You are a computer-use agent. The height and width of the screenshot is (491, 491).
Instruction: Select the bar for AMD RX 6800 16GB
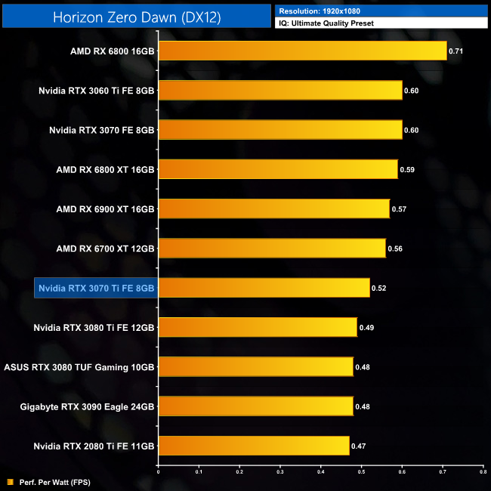302,51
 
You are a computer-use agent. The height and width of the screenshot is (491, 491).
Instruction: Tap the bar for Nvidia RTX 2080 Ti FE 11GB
254,445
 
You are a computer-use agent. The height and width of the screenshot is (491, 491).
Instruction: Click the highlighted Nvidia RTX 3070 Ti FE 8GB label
97,288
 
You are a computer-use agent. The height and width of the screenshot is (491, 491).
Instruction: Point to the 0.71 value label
456,51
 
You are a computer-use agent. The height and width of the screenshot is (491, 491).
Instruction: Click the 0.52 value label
379,288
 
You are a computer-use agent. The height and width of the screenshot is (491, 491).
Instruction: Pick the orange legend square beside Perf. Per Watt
10,481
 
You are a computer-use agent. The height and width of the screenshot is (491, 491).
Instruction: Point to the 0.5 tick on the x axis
361,471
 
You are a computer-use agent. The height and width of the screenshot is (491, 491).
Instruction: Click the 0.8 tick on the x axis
483,471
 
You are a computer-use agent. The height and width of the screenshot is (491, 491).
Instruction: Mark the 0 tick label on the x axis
159,471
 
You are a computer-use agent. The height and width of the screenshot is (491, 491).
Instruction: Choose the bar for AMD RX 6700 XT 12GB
272,248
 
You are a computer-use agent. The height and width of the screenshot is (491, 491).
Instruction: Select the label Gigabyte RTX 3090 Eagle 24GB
88,406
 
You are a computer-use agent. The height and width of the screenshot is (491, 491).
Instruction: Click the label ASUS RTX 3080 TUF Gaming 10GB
79,366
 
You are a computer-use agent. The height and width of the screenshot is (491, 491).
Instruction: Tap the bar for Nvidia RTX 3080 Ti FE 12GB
258,327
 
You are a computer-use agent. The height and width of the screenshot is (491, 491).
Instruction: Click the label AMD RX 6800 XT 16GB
105,169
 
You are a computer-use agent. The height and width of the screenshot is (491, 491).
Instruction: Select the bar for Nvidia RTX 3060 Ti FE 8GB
280,90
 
